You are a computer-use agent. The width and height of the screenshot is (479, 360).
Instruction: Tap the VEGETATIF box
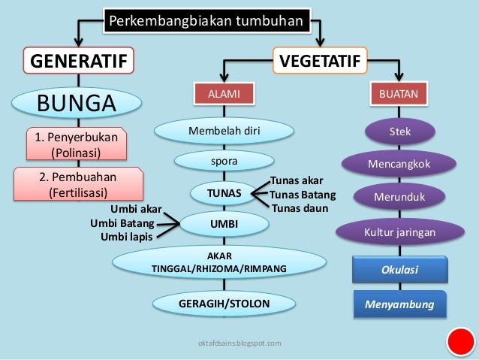pos(319,60)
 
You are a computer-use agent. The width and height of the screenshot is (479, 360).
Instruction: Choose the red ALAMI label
pos(224,93)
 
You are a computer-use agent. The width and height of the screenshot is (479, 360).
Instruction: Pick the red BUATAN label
pos(399,93)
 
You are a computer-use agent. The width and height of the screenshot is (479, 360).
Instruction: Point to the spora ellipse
pos(224,161)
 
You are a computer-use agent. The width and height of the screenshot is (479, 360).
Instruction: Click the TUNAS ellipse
pos(224,194)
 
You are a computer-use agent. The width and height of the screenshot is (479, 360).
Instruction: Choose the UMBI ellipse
pos(224,223)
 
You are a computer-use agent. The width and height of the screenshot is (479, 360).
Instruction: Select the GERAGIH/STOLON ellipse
pos(224,304)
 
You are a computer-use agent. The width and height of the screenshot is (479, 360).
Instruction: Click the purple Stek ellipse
pos(399,132)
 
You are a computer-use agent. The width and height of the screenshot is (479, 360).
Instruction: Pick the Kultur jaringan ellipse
pos(399,233)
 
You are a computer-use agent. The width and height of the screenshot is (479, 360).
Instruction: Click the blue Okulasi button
pos(399,269)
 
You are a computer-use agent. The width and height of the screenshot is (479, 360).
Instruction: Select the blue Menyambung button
pos(399,305)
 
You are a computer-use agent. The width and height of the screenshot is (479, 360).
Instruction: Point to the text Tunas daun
pos(300,208)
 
